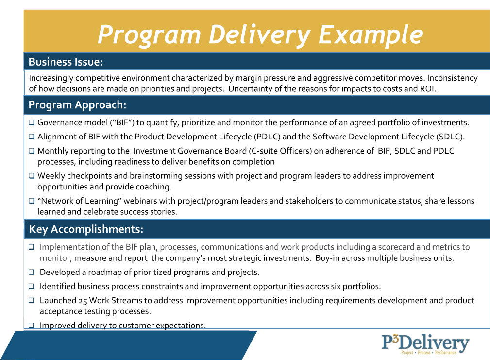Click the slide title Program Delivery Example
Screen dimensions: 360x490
pos(260,35)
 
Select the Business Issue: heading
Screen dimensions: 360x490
pos(66,62)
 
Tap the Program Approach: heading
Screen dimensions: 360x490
pos(77,105)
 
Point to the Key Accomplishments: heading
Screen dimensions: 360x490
pos(86,229)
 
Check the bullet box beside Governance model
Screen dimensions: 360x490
pos(32,123)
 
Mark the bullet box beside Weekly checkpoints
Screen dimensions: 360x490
pos(32,176)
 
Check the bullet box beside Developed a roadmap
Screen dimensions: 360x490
pos(32,273)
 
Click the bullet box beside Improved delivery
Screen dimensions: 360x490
pos(32,326)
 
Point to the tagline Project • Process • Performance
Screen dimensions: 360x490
pos(428,353)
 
